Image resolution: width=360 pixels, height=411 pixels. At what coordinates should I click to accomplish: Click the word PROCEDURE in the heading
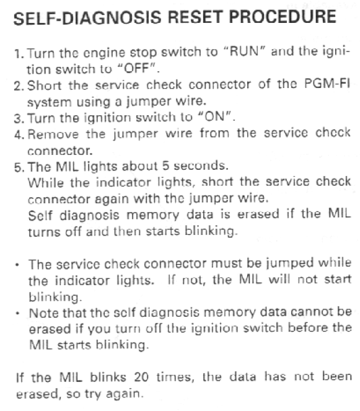click(283, 17)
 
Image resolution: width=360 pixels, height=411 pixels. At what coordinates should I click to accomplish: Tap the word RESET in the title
click(195, 17)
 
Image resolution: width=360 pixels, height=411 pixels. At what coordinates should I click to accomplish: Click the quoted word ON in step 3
click(214, 117)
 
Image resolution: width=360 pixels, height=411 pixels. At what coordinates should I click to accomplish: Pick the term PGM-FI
click(327, 84)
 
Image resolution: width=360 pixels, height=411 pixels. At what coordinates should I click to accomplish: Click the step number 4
click(19, 135)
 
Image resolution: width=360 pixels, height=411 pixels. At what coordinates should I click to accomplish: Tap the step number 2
click(18, 86)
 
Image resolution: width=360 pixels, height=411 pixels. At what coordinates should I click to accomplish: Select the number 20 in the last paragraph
click(141, 377)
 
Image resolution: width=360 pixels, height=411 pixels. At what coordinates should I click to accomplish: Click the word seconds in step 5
click(200, 166)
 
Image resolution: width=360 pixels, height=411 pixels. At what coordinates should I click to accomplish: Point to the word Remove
click(53, 134)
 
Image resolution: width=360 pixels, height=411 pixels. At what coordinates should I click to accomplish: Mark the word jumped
click(289, 263)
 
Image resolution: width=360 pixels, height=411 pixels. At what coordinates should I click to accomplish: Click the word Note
click(43, 313)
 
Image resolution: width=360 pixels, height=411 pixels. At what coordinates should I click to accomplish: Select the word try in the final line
click(93, 394)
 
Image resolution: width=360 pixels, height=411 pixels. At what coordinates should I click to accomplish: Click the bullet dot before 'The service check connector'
click(17, 265)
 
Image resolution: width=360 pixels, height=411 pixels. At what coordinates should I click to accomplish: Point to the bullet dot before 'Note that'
click(17, 313)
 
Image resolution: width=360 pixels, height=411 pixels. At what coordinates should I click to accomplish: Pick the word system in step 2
click(49, 102)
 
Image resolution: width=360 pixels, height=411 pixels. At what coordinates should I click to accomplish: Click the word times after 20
click(175, 377)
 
